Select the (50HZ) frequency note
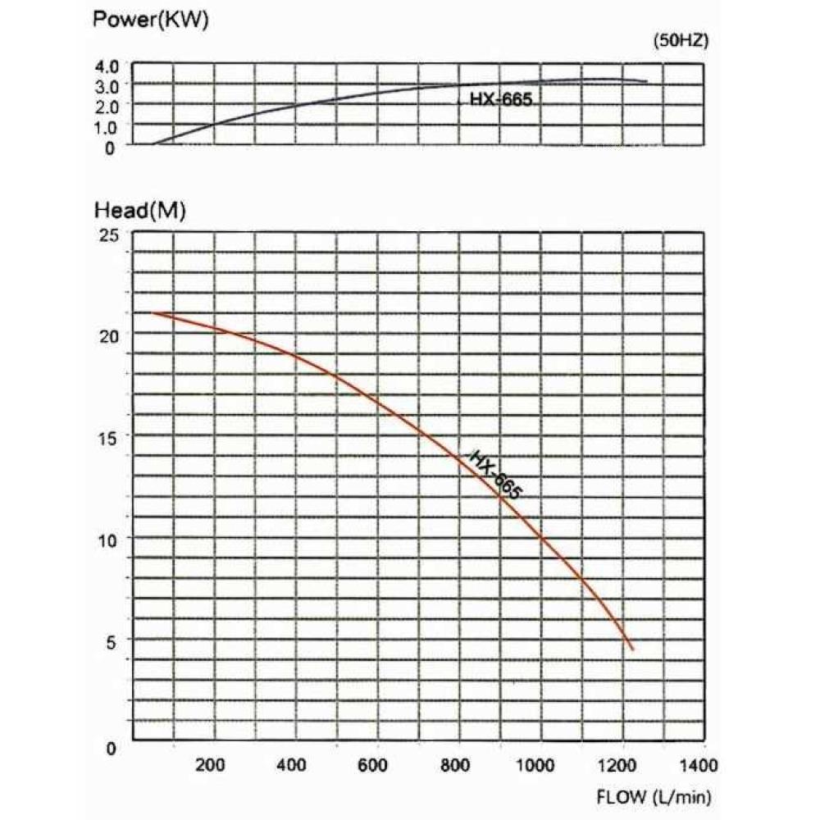point(680,41)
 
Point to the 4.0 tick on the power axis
point(108,66)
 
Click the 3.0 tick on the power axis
point(108,85)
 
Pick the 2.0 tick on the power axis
point(108,106)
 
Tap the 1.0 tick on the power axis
point(108,126)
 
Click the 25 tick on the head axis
point(110,235)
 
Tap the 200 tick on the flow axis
point(212,767)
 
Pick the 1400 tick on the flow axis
point(699,767)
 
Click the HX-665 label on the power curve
point(501,101)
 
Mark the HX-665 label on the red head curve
point(494,475)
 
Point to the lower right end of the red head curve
point(632,649)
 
